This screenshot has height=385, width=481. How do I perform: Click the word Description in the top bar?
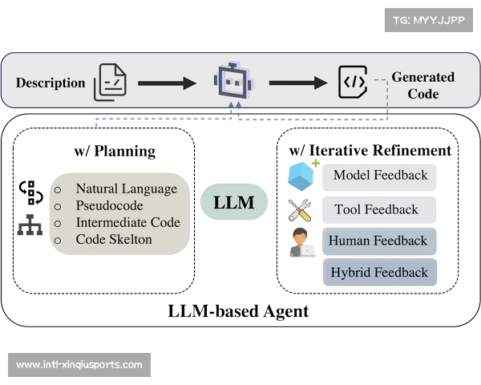pos(51,83)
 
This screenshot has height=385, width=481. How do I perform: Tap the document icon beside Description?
pos(111,83)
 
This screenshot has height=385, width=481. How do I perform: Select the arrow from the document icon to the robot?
pos(167,83)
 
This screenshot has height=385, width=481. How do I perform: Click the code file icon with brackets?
pos(354,82)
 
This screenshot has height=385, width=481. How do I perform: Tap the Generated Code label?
pos(422,85)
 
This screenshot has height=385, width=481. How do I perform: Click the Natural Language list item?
pos(126,189)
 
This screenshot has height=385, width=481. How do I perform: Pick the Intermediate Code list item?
pos(127,223)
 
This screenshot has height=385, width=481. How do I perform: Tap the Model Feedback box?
pos(380,176)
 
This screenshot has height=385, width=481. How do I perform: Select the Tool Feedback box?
pos(376,209)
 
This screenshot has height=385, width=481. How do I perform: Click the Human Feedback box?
pos(378,241)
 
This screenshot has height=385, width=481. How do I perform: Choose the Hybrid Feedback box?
pos(379,273)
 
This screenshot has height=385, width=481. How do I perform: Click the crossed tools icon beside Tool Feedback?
pos(300,210)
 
